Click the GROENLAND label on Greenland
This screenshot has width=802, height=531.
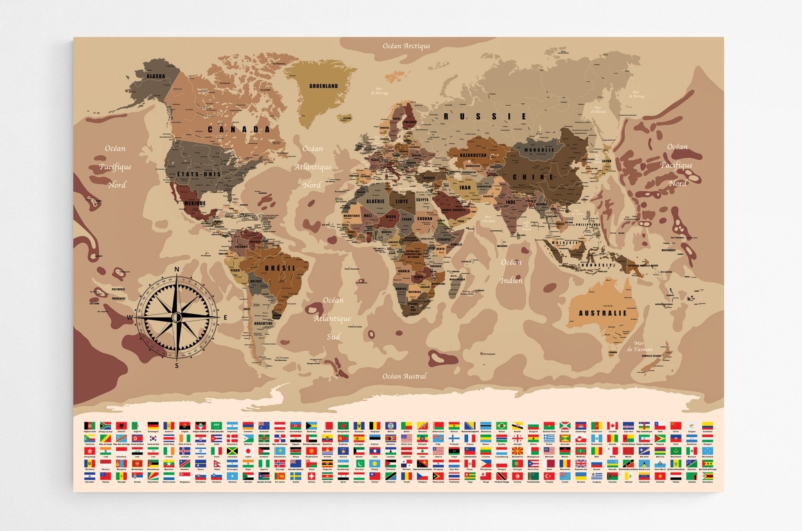click(323, 86)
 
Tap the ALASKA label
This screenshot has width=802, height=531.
click(156, 76)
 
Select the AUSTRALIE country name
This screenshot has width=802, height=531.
click(603, 313)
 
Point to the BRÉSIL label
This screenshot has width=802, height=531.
click(280, 268)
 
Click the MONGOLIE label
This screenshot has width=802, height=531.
click(539, 150)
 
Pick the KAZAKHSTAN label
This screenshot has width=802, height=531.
click(473, 155)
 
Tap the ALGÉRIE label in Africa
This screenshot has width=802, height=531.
click(375, 201)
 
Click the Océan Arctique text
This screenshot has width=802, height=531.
click(406, 46)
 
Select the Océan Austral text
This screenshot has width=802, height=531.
click(404, 376)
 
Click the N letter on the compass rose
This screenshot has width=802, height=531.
click(177, 269)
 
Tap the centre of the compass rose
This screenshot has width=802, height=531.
click(177, 317)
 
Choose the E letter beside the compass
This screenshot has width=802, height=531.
click(225, 317)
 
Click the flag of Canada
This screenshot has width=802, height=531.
click(612, 425)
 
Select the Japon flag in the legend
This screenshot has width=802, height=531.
click(247, 451)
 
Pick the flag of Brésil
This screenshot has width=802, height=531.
click(502, 425)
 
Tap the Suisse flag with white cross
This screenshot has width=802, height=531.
click(311, 476)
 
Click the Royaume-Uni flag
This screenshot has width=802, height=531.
click(581, 464)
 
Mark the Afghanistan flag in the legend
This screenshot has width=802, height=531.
click(90, 425)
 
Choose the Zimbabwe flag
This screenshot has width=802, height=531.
click(707, 476)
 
